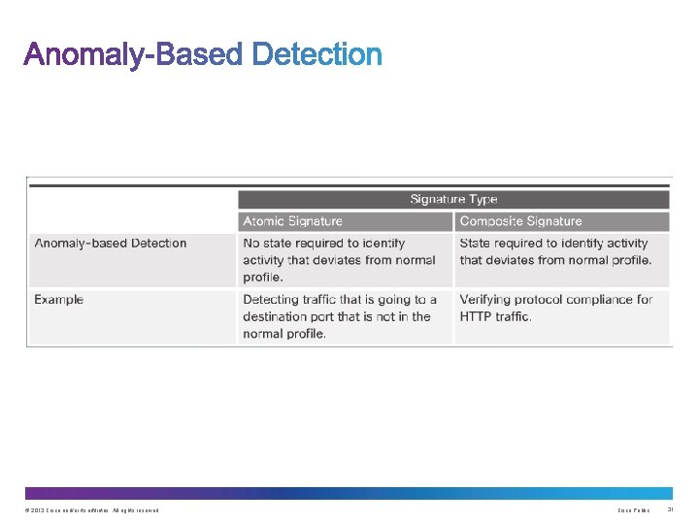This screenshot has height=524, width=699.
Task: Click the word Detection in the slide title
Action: tap(316, 55)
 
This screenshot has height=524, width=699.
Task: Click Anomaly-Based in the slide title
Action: tap(133, 55)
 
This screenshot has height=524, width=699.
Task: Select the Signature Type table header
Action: tap(453, 199)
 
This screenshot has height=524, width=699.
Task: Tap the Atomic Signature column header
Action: tap(292, 221)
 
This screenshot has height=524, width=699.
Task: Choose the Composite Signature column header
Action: tap(520, 221)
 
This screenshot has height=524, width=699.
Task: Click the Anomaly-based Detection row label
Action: tap(110, 243)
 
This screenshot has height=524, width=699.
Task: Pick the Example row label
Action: tap(58, 300)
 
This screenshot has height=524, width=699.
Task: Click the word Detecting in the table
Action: tap(275, 300)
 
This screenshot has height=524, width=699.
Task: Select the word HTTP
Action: tap(477, 316)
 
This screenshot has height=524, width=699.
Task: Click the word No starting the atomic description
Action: tap(252, 243)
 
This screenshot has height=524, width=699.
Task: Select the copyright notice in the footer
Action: tap(88, 510)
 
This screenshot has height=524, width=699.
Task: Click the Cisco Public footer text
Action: tap(633, 510)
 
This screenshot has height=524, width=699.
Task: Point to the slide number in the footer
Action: tap(670, 510)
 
